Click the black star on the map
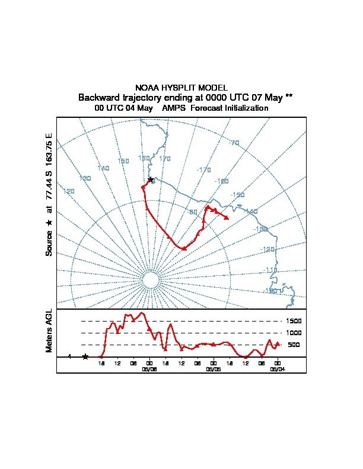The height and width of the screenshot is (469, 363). click(150, 179)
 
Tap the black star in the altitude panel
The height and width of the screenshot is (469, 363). click(85, 356)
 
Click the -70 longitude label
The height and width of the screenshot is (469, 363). click(234, 143)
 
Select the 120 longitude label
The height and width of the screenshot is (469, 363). click(69, 191)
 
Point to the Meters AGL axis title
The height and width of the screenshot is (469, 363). click(50, 330)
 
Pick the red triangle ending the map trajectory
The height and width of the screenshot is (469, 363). click(227, 217)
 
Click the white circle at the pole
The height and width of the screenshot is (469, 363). click(151, 280)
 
